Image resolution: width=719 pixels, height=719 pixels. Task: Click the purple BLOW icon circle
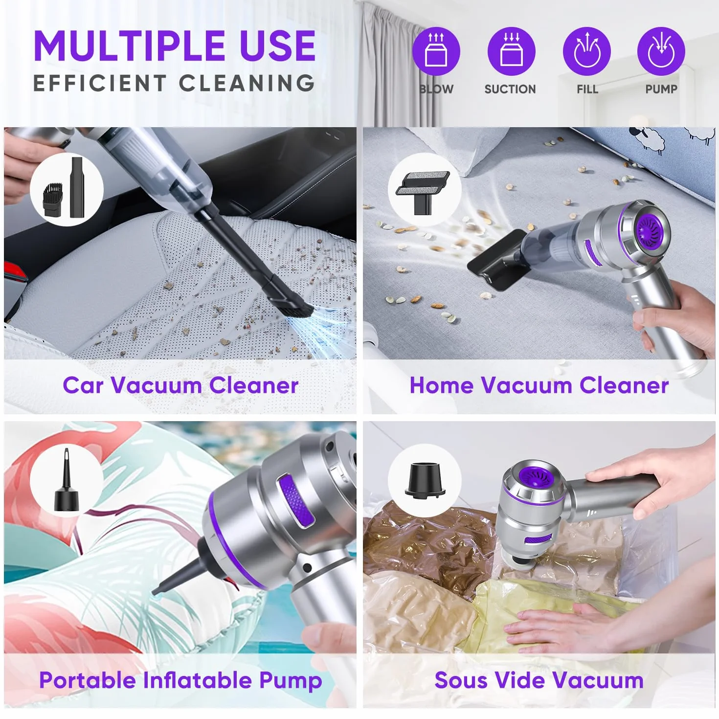436,51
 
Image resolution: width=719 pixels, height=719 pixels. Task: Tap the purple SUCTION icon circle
511,51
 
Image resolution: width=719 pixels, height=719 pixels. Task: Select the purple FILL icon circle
586,51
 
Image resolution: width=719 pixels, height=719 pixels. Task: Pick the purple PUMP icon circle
661,51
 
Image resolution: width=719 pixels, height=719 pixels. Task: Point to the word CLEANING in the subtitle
247,83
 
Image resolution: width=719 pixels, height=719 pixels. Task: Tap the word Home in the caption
441,385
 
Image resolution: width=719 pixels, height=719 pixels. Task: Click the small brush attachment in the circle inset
54,199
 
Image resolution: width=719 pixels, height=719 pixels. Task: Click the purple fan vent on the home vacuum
649,229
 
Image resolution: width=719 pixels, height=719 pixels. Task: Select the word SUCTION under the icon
510,89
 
